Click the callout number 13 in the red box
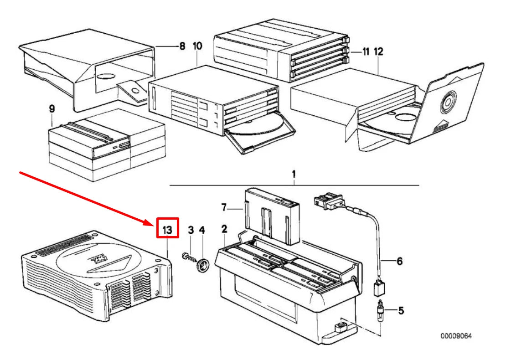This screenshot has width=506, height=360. (167, 230)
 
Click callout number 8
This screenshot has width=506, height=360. (182, 46)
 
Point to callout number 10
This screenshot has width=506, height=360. (197, 46)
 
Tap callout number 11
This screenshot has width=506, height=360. (366, 51)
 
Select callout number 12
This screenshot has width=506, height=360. (378, 51)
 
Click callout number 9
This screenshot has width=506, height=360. (52, 109)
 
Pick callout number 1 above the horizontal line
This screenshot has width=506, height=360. (294, 175)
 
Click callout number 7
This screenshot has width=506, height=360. (224, 207)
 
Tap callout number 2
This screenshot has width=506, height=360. (224, 229)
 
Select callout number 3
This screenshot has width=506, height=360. (191, 230)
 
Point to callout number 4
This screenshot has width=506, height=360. (201, 230)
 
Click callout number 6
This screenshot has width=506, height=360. (399, 261)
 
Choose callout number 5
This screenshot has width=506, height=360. (401, 311)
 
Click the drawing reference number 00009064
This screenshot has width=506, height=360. (456, 336)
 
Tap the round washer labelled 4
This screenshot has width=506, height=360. (203, 265)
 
